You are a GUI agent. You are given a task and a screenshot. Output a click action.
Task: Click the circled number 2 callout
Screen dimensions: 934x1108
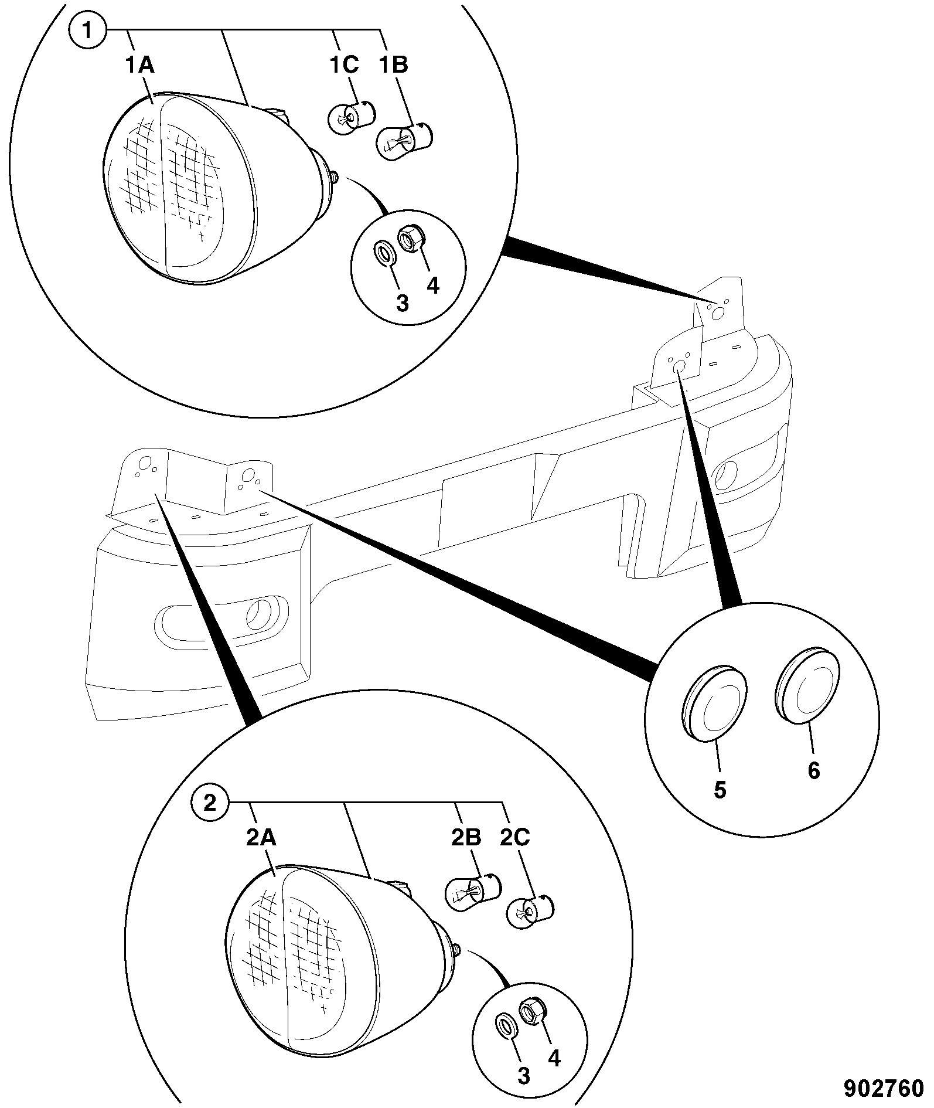point(210,802)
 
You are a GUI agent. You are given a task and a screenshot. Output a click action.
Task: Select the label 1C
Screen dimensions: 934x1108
point(343,65)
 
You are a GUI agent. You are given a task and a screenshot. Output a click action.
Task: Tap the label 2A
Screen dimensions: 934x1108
point(261,838)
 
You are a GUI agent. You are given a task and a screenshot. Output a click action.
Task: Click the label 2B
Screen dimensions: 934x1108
point(466,838)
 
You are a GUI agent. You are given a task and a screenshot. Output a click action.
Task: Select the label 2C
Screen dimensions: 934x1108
point(514,838)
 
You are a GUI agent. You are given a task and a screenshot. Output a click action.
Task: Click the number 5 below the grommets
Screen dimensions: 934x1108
point(720,790)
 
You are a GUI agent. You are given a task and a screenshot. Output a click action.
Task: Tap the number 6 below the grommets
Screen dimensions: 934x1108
point(814,771)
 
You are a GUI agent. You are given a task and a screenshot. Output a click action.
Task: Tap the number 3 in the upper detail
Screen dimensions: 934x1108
point(402,303)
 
